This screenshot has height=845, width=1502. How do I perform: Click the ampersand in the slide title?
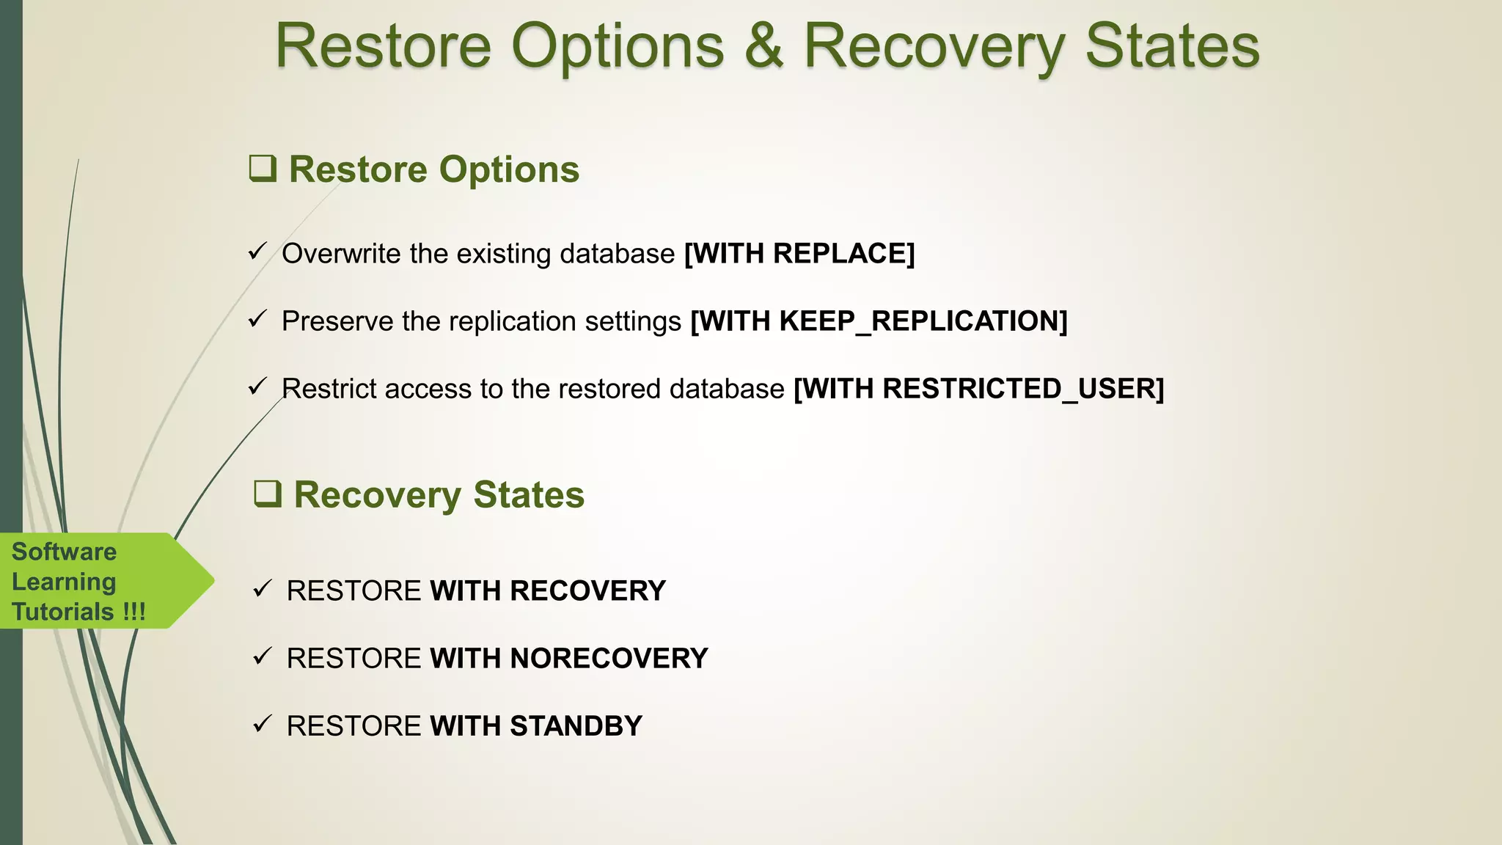point(763,46)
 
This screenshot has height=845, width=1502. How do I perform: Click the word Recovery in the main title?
point(934,46)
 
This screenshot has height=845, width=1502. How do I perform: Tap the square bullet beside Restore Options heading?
point(263,168)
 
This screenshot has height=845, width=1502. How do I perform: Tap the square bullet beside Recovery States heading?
point(267,494)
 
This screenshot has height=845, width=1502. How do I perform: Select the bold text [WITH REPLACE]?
point(799,254)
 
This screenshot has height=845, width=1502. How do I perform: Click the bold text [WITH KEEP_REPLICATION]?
point(879,321)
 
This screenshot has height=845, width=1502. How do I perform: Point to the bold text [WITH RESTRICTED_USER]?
point(979,389)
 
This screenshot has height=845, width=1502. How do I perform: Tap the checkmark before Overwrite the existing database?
point(257,252)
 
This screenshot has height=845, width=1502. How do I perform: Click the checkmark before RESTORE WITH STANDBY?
point(262,724)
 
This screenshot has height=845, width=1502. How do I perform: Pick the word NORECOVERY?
point(609,659)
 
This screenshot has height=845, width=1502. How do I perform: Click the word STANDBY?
point(576,726)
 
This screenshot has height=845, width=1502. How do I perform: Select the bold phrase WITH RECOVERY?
point(547,591)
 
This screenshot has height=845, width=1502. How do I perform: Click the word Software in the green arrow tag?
point(64,552)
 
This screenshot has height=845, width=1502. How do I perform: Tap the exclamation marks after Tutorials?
point(134,612)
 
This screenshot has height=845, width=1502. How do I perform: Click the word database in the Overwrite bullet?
point(617,254)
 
